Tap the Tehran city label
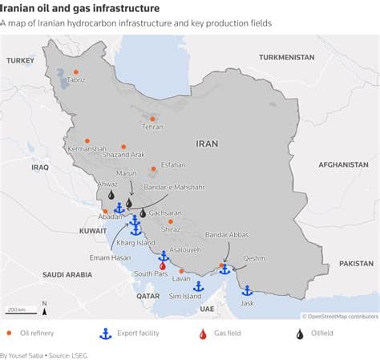pyautogui.click(x=152, y=127)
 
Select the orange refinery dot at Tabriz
pyautogui.click(x=76, y=72)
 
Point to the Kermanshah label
pyautogui.click(x=87, y=149)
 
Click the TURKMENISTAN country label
pyautogui.click(x=286, y=58)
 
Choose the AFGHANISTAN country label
pyautogui.click(x=342, y=164)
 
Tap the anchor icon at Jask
pyautogui.click(x=247, y=291)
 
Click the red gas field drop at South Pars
pyautogui.click(x=163, y=265)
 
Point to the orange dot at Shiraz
pyautogui.click(x=170, y=221)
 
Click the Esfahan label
pyautogui.click(x=172, y=164)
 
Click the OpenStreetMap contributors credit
pyautogui.click(x=339, y=316)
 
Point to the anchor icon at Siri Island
pyautogui.click(x=198, y=286)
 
